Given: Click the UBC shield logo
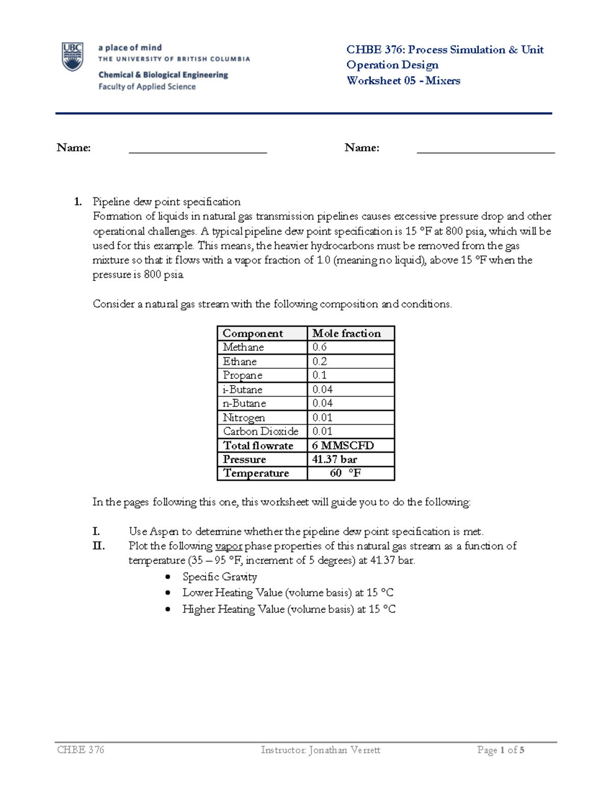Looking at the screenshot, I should [72, 57].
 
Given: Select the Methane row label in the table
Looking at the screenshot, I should [243, 347].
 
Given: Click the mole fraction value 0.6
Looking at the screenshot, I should [320, 347].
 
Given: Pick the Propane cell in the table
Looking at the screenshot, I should [243, 375].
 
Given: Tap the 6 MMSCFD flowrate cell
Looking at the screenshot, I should [343, 445].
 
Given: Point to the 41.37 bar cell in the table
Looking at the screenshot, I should [335, 459].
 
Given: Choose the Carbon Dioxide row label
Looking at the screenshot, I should [260, 431].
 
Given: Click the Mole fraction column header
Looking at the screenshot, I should [346, 334].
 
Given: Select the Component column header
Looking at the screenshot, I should [252, 334].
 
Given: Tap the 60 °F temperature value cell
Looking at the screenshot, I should [345, 473].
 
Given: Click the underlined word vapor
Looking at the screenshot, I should [228, 546].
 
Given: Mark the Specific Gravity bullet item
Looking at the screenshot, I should [219, 577].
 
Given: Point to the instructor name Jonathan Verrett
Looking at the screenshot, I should [344, 750].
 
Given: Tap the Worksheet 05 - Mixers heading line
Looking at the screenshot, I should [403, 81].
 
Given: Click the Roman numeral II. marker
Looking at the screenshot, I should [98, 546].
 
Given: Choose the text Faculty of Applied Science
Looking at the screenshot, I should [147, 87].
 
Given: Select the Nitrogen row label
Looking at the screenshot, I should [244, 418].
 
